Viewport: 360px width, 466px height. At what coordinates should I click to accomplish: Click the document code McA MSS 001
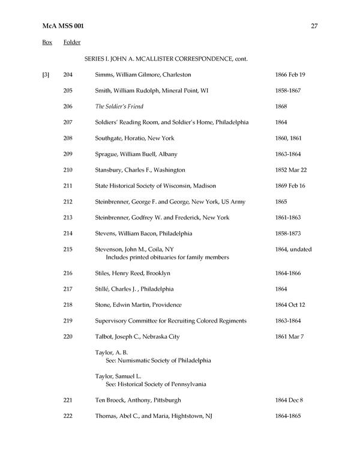[x=65, y=25]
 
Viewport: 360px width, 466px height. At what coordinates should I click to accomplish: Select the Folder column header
[x=72, y=43]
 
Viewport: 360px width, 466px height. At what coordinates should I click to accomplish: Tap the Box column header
[x=47, y=43]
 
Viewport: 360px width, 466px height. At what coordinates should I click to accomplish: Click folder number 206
[x=68, y=106]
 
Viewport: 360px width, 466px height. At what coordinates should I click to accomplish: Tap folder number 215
[x=68, y=249]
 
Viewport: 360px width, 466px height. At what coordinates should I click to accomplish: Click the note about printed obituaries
[x=167, y=258]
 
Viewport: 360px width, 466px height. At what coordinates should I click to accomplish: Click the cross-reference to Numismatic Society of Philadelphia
[x=158, y=361]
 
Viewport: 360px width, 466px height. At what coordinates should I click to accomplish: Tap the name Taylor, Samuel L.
[x=116, y=376]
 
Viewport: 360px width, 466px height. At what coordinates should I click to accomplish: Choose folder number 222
[x=68, y=416]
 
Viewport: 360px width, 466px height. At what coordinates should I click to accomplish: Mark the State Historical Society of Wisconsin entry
[x=155, y=186]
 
